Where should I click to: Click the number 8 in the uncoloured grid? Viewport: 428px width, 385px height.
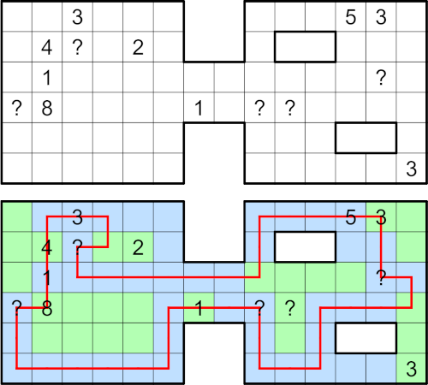pyautogui.click(x=47, y=108)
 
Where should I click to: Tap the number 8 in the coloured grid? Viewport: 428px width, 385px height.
pyautogui.click(x=47, y=309)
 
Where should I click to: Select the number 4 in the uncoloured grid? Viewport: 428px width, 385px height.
pyautogui.click(x=47, y=47)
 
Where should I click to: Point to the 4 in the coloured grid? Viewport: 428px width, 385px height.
pyautogui.click(x=47, y=248)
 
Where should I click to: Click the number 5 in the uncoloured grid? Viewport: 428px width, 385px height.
pyautogui.click(x=351, y=17)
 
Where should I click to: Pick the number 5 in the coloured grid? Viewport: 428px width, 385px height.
pyautogui.click(x=351, y=217)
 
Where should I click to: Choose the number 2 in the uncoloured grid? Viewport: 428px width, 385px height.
pyautogui.click(x=138, y=47)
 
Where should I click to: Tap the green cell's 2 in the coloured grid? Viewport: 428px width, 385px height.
pyautogui.click(x=138, y=248)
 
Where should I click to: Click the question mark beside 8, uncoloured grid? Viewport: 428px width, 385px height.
pyautogui.click(x=16, y=108)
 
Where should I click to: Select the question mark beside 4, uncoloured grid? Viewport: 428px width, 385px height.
pyautogui.click(x=77, y=47)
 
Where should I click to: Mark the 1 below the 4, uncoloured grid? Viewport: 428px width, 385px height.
pyautogui.click(x=47, y=78)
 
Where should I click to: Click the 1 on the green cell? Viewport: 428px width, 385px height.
pyautogui.click(x=199, y=309)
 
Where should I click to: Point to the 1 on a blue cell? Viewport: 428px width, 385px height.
pyautogui.click(x=47, y=278)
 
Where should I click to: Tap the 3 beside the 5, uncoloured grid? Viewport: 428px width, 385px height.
pyautogui.click(x=381, y=17)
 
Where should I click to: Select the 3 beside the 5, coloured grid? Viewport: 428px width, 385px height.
pyautogui.click(x=381, y=217)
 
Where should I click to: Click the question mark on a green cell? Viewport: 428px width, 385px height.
pyautogui.click(x=290, y=309)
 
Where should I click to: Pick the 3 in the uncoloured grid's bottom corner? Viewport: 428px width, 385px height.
pyautogui.click(x=412, y=169)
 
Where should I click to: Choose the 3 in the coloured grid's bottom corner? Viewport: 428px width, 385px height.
pyautogui.click(x=412, y=370)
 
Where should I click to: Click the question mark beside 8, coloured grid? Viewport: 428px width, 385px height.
pyautogui.click(x=16, y=309)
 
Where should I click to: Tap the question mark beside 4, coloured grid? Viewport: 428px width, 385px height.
pyautogui.click(x=77, y=248)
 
